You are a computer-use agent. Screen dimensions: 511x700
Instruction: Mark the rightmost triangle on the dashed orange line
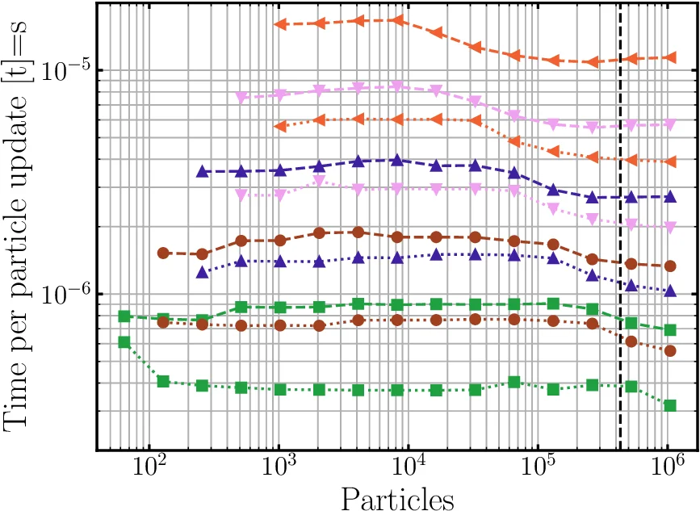click(669, 57)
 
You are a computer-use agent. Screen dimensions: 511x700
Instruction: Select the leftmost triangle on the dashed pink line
click(241, 98)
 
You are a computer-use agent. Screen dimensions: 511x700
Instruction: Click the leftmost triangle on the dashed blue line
click(202, 171)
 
